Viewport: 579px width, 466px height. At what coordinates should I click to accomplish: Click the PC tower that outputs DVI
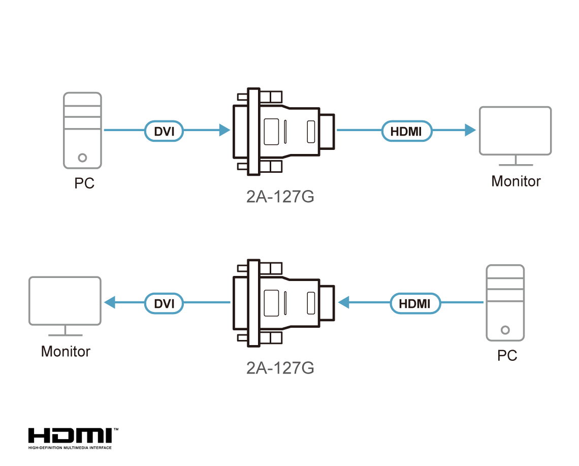82,130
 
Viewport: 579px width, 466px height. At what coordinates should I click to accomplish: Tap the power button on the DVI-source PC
83,158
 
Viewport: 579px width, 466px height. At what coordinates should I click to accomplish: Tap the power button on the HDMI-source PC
505,330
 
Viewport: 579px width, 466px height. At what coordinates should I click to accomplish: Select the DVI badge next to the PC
164,131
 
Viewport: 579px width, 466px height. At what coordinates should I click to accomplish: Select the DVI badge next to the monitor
164,303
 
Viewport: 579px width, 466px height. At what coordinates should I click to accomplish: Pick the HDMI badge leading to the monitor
406,131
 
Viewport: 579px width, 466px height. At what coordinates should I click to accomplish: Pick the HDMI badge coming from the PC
415,303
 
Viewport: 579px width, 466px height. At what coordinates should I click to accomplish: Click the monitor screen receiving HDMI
515,130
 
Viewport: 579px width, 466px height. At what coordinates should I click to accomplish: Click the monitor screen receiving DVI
65,300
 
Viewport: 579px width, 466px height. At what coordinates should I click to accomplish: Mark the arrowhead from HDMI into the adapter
344,303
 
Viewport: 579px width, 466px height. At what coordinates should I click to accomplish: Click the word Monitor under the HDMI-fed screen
516,181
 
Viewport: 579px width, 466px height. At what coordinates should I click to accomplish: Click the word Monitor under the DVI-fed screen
66,351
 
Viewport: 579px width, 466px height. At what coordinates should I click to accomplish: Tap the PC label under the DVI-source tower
84,183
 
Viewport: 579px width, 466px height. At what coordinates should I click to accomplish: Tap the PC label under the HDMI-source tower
507,355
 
